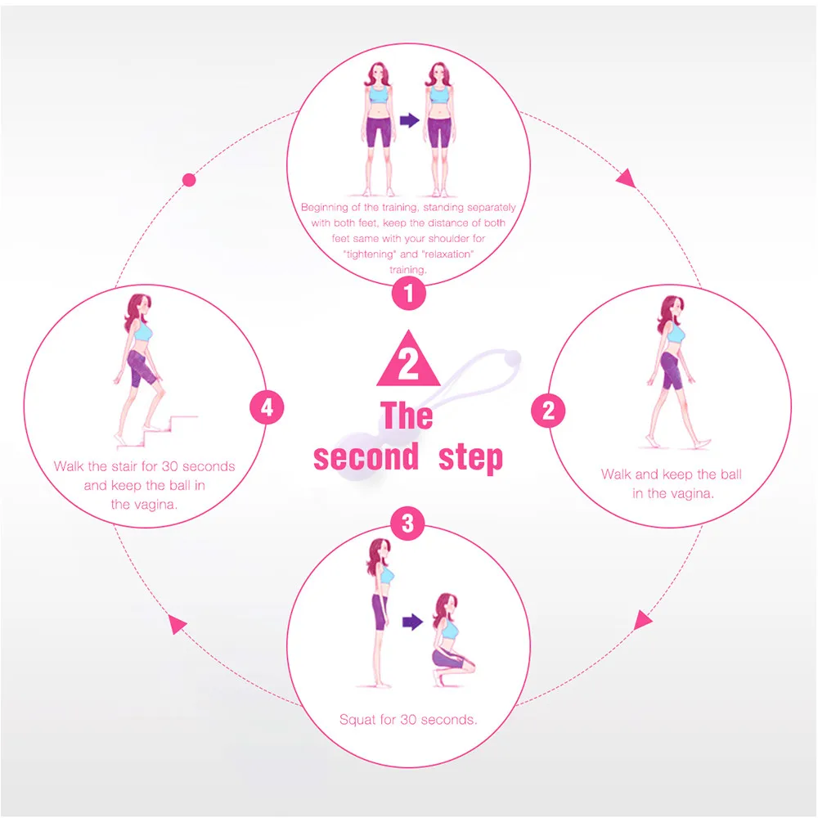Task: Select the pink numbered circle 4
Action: (x=267, y=407)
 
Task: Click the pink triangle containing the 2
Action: (x=408, y=361)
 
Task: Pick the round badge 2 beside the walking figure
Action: (x=549, y=410)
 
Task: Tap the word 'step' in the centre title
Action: (x=470, y=458)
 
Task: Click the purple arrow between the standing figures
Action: (x=409, y=120)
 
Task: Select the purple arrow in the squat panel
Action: (x=412, y=622)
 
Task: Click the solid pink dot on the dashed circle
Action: (x=190, y=179)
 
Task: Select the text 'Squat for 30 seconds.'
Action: (x=408, y=721)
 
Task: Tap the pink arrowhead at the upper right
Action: (x=626, y=177)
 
